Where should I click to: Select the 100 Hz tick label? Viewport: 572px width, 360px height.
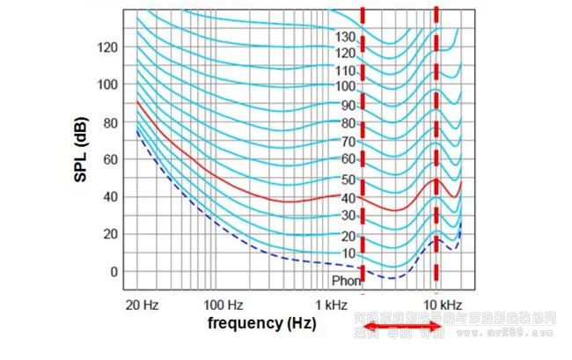point(224,305)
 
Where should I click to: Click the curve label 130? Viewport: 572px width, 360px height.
point(345,37)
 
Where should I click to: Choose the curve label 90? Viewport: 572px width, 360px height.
point(348,106)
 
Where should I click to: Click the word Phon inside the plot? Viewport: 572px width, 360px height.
point(346,281)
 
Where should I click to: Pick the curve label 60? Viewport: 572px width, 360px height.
point(348,159)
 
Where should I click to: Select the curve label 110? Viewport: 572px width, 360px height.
point(345,70)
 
